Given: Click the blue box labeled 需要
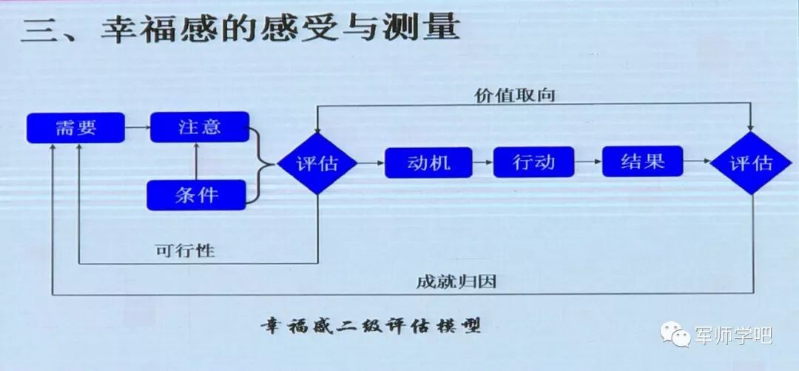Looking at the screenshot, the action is [75, 127].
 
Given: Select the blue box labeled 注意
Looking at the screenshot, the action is [199, 127].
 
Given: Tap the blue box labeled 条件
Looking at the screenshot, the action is [196, 195].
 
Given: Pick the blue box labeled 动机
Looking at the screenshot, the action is [428, 162].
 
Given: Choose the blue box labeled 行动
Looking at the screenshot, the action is [534, 161].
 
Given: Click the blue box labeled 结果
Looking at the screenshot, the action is [642, 161].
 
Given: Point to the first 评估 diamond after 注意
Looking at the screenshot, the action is [317, 163].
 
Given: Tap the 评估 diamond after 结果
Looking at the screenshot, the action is [752, 163].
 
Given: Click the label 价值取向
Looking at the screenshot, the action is [515, 96].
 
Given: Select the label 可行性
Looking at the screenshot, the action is [184, 250].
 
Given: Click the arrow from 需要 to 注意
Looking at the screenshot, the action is [137, 127].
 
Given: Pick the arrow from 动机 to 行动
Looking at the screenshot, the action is [482, 162].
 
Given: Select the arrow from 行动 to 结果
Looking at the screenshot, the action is [589, 162].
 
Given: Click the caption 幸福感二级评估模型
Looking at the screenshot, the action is [370, 325].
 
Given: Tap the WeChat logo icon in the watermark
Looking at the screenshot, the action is [676, 335].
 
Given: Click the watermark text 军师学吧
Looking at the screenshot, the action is [733, 335].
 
